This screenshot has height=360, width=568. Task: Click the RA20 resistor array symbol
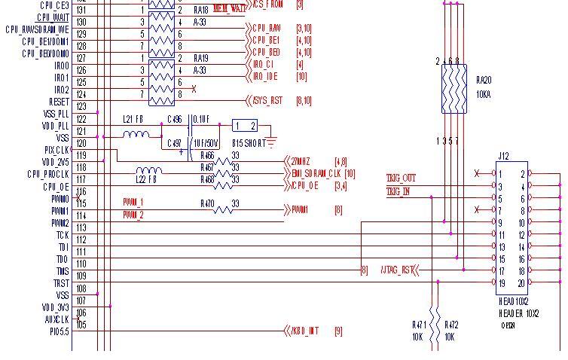click(x=454, y=89)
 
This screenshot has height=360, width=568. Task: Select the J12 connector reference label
click(x=503, y=157)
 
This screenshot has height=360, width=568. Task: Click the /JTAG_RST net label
click(x=398, y=270)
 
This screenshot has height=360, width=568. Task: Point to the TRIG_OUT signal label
click(x=401, y=178)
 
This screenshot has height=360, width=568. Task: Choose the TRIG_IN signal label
click(x=398, y=191)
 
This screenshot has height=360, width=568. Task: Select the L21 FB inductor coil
click(x=136, y=135)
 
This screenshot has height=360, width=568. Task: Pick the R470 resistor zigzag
click(x=223, y=210)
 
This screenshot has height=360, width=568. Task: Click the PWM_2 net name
click(x=133, y=215)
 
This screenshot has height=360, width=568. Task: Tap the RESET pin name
click(x=59, y=102)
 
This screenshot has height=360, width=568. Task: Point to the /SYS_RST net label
click(x=270, y=101)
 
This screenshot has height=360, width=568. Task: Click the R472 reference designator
click(x=451, y=325)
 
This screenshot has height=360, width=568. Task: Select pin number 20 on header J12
click(x=521, y=283)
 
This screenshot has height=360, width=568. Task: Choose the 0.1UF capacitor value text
click(x=201, y=119)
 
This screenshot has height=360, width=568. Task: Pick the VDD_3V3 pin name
click(x=55, y=307)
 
